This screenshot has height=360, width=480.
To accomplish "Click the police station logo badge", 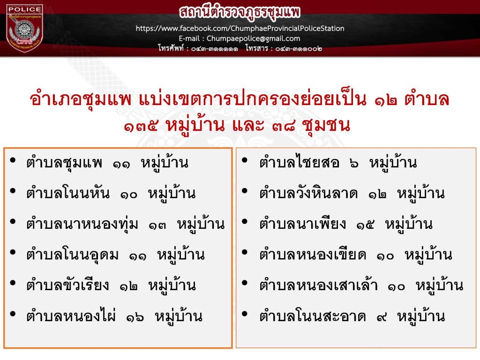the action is (24, 29).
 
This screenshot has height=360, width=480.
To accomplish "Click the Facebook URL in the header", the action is (240, 29).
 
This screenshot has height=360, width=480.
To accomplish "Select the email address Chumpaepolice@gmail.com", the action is (253, 38).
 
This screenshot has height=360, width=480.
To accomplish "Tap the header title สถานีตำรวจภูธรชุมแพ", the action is (240, 12).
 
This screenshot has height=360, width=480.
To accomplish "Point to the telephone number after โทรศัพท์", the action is (215, 49).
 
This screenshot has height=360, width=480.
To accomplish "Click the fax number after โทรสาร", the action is (299, 49).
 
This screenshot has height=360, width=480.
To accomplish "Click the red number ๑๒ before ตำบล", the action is (386, 101).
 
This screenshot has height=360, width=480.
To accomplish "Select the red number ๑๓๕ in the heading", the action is (141, 126).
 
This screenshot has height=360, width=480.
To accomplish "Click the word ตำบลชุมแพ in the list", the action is (64, 162).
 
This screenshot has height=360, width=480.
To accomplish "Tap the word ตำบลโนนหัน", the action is (67, 193).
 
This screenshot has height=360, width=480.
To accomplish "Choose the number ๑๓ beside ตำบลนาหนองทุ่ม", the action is (157, 225).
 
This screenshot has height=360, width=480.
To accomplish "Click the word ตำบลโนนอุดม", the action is (72, 255).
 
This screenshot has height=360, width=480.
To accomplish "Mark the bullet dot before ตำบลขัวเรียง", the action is (13, 283).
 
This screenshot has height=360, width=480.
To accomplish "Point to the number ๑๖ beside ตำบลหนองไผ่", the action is (135, 317).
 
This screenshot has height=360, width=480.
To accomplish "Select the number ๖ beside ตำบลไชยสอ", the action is (354, 164).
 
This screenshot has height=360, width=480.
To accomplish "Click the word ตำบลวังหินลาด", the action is (308, 193).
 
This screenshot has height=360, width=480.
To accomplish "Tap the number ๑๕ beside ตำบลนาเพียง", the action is (365, 225).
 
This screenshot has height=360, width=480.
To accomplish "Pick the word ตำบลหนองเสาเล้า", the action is (318, 285).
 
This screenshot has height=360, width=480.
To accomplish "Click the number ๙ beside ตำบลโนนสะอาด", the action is (382, 317).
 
